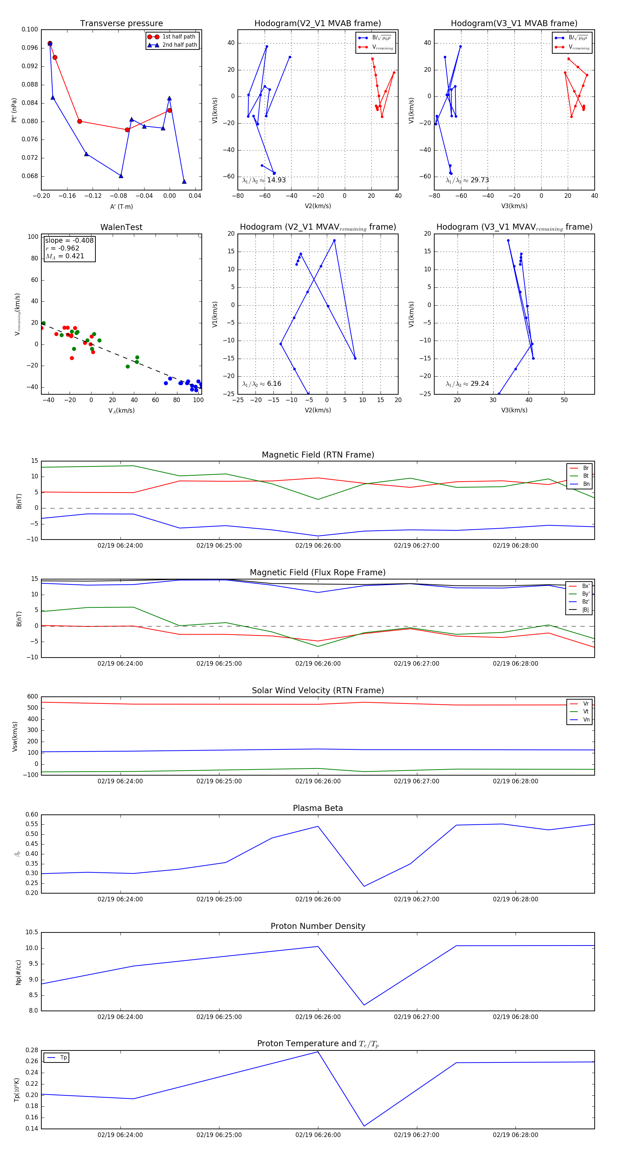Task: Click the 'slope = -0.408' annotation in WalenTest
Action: tap(69, 240)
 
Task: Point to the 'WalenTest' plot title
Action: tap(121, 227)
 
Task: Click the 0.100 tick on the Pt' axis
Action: tap(30, 29)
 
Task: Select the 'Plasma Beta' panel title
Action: tap(318, 808)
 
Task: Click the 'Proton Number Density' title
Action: tap(318, 926)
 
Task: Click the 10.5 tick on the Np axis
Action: tap(32, 932)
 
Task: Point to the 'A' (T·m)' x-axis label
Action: tap(121, 206)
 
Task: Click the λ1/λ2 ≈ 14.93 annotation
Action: tap(264, 180)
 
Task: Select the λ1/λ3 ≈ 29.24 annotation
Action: tap(467, 384)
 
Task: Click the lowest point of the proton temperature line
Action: tap(364, 1126)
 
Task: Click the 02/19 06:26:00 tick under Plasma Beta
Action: tap(318, 899)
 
